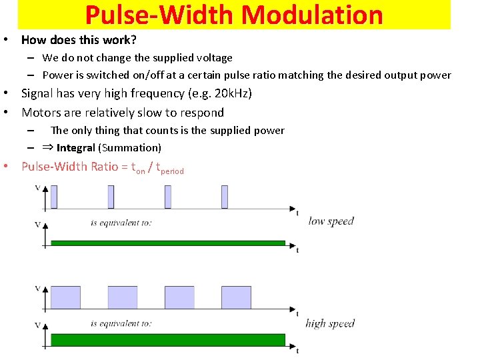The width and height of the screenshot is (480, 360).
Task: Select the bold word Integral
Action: tap(76, 147)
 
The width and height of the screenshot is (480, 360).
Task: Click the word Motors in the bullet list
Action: tap(41, 112)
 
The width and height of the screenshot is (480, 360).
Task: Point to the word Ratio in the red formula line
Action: tap(105, 167)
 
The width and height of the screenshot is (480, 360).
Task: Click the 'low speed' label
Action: tap(331, 221)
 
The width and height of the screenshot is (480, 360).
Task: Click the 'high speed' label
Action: tap(330, 324)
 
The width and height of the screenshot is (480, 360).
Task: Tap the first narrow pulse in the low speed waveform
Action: tap(54, 197)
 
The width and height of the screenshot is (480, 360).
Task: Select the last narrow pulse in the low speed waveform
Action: tap(225, 197)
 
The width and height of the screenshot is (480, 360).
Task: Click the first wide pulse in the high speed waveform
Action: tap(66, 297)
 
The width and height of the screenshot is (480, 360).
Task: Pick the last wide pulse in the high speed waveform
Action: tap(236, 297)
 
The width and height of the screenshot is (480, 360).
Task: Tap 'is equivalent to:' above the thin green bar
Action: tap(121, 223)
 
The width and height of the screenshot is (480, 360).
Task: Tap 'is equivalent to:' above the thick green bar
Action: tap(121, 324)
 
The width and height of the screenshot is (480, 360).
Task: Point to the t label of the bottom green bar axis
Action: tap(297, 351)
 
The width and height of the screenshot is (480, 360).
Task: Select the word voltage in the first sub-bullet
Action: tap(213, 58)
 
